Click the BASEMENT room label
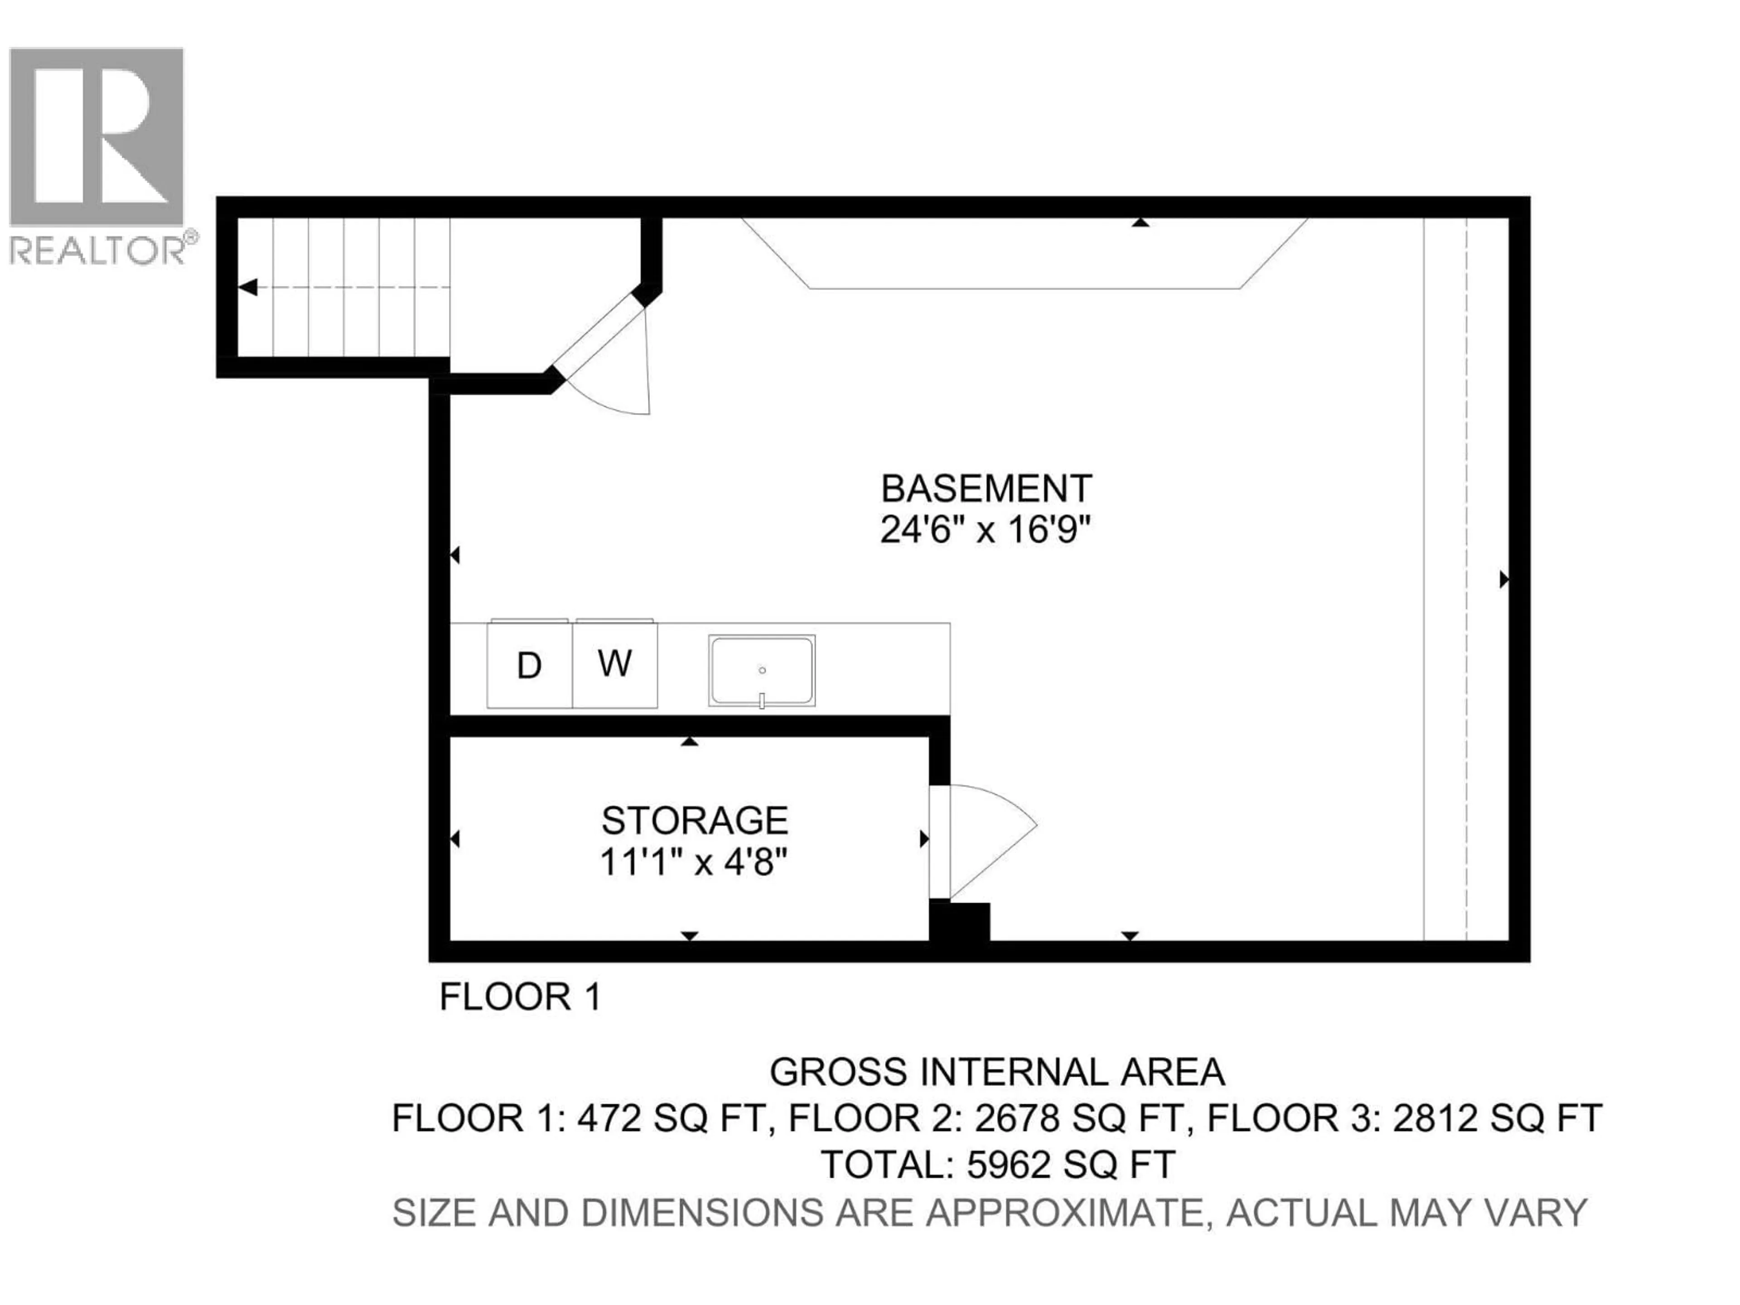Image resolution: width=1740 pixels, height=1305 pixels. click(986, 488)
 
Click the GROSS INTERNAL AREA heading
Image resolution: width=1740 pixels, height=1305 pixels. click(996, 1072)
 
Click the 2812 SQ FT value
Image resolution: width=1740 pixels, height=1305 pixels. click(1497, 1118)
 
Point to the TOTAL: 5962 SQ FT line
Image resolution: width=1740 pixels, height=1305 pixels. click(997, 1164)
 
